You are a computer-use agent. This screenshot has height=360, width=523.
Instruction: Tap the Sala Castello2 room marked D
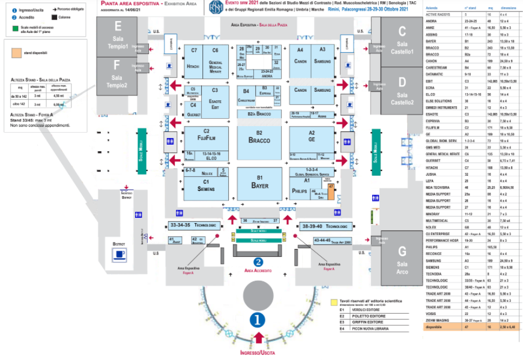[402, 92]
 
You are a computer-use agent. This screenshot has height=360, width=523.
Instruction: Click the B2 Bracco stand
[259, 137]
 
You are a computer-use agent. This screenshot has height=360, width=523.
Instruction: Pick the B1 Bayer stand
[259, 182]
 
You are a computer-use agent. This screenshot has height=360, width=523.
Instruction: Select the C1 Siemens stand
[205, 185]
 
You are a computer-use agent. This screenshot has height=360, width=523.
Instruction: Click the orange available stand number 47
[331, 191]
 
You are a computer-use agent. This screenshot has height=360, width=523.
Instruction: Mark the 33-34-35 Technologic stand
[193, 226]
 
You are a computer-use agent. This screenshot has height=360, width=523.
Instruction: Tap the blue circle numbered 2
[258, 262]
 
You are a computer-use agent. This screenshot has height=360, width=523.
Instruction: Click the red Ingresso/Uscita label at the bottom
[258, 353]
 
